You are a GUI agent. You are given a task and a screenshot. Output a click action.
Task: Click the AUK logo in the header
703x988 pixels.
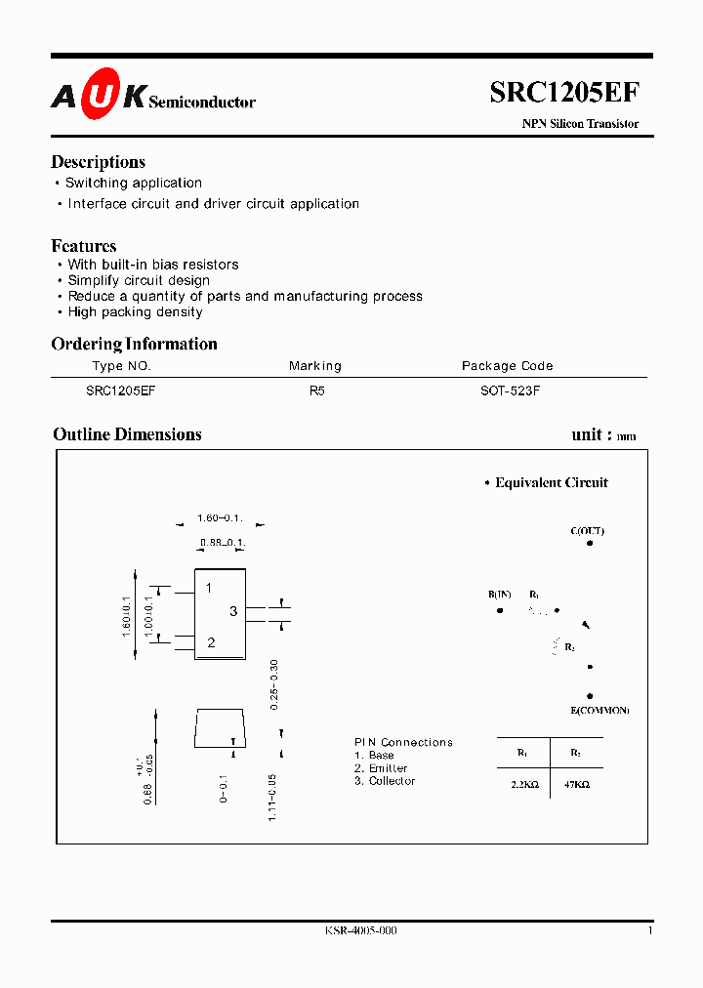click(98, 95)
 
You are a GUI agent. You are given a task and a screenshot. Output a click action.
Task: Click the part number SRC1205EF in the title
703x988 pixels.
click(564, 92)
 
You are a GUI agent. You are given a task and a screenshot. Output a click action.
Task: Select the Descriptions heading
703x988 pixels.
click(98, 162)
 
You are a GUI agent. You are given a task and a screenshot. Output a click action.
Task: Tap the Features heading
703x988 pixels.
click(84, 246)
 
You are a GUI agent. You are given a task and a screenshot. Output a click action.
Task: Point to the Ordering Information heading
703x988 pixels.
click(134, 344)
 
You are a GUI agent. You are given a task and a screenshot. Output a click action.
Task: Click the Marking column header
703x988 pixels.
click(315, 366)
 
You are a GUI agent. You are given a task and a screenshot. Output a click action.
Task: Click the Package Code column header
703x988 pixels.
click(508, 366)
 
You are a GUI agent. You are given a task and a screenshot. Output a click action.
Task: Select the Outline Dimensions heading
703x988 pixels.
click(127, 434)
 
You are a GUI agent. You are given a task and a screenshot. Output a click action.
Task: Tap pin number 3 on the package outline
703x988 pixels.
click(233, 611)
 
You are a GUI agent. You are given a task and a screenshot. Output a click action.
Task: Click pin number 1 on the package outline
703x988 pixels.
click(209, 588)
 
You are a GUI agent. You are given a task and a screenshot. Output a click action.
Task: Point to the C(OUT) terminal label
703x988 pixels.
click(588, 531)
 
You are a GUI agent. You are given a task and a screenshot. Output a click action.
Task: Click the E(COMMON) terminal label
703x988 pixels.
click(600, 710)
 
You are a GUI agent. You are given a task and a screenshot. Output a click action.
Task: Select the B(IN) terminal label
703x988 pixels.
click(500, 595)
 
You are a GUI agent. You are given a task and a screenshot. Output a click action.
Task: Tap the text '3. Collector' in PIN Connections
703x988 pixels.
click(385, 781)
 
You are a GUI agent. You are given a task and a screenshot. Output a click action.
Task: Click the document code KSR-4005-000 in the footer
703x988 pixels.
click(360, 931)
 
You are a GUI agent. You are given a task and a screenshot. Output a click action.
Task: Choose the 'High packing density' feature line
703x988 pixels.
click(135, 312)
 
